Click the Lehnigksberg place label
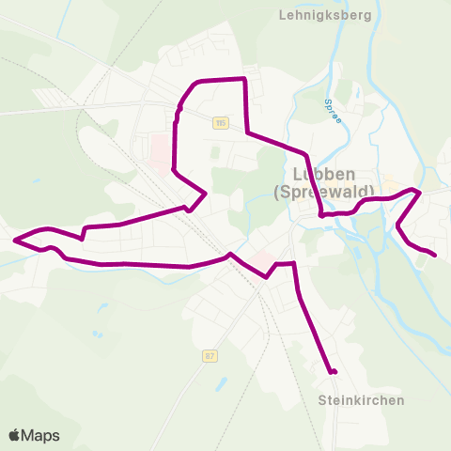(x=325, y=16)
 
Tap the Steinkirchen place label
(x=361, y=400)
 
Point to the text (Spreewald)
(x=324, y=193)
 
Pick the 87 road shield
(x=209, y=355)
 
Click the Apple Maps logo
(x=34, y=436)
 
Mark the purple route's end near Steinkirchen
(x=334, y=373)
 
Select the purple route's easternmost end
(x=435, y=254)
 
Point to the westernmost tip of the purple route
(x=15, y=241)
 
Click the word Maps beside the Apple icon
(x=40, y=436)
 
